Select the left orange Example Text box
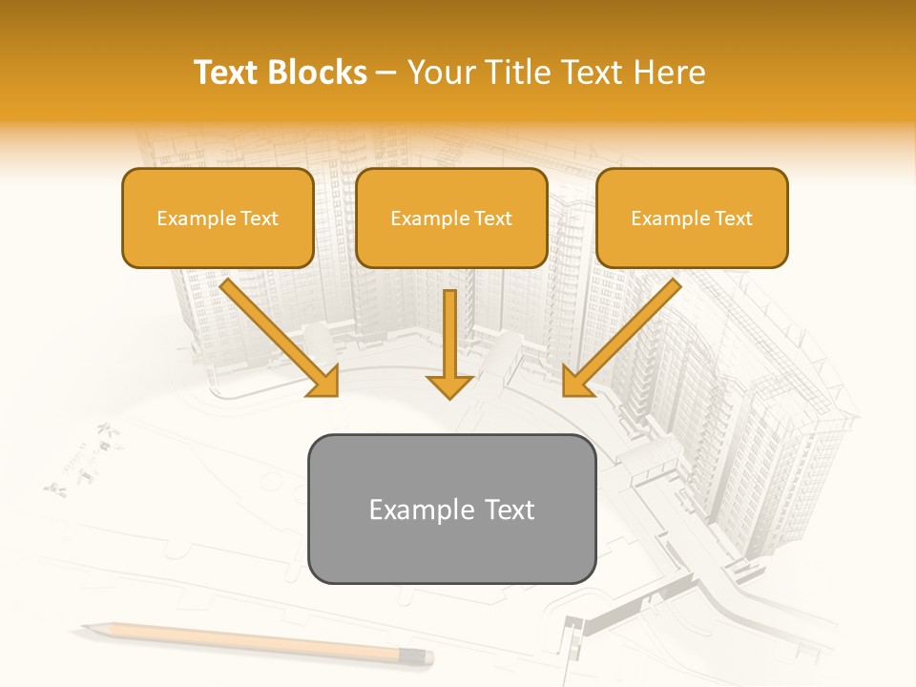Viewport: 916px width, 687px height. pyautogui.click(x=218, y=219)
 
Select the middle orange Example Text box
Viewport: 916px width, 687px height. pyautogui.click(x=451, y=219)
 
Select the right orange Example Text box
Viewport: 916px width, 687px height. pyautogui.click(x=692, y=219)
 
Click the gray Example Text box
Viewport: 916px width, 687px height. pyautogui.click(x=451, y=509)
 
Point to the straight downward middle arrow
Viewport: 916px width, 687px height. pyautogui.click(x=449, y=334)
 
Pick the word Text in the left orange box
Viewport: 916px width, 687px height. pyautogui.click(x=259, y=219)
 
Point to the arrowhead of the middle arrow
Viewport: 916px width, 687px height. pyautogui.click(x=449, y=385)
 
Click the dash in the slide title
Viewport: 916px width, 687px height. pyautogui.click(x=386, y=73)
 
